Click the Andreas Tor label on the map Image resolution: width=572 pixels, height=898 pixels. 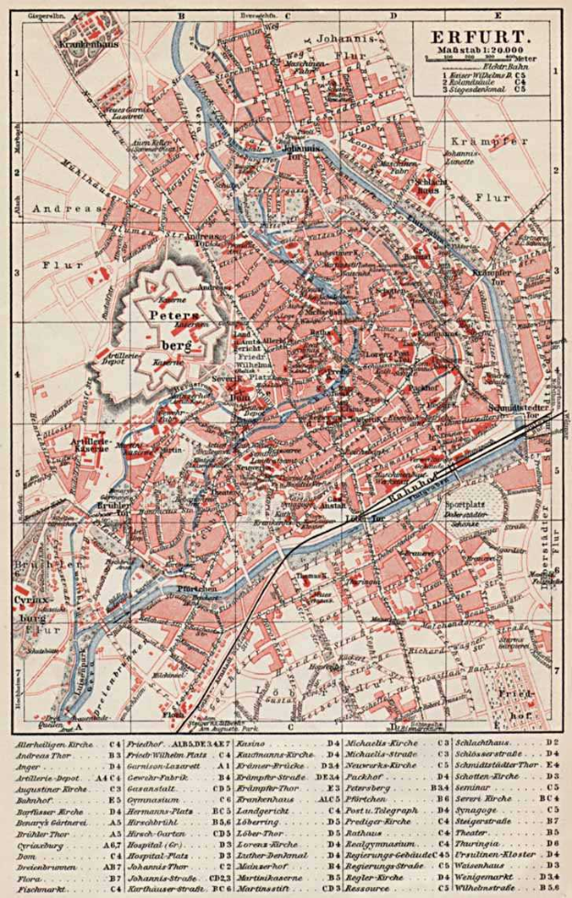(207, 239)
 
